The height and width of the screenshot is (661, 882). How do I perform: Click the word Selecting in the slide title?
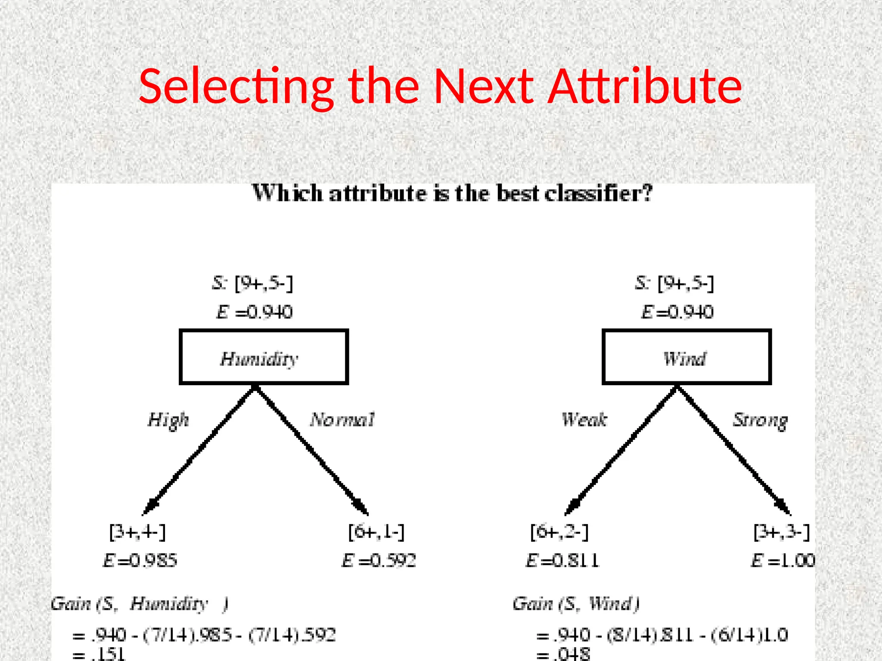236,87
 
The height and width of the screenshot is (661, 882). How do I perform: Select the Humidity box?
264,357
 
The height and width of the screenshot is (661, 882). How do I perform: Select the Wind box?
686,357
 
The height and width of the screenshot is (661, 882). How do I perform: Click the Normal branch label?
342,420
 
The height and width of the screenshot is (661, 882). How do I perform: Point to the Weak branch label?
584,420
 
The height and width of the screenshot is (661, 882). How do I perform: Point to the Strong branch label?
761,420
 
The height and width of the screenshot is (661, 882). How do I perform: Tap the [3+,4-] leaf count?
137,532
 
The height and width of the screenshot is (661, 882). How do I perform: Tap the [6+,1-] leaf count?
376,532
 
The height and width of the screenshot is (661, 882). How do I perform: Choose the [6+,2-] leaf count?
559,532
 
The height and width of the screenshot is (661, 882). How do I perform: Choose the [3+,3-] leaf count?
782,532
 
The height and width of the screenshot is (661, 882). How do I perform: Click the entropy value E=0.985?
140,561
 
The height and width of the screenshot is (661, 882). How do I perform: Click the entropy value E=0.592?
379,561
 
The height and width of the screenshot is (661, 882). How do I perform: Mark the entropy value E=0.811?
562,561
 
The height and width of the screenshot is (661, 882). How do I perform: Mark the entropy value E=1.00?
783,561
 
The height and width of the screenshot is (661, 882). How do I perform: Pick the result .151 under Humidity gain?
108,654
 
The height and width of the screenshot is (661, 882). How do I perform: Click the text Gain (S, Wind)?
576,604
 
